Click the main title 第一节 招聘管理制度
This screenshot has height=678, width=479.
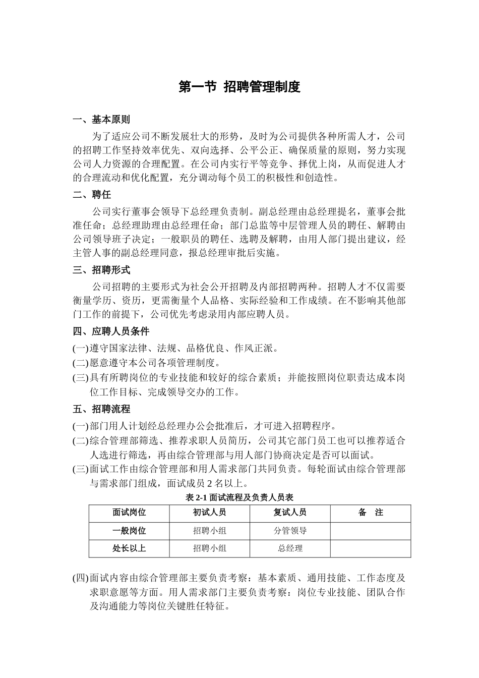(x=239, y=87)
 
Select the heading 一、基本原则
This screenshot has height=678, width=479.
(x=101, y=120)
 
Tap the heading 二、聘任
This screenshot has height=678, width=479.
(x=92, y=195)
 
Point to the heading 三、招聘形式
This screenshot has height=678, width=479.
(x=101, y=270)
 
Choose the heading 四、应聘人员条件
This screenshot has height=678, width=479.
(x=111, y=331)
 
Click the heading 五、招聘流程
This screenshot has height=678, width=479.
(x=101, y=409)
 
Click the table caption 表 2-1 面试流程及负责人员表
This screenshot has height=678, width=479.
(x=239, y=497)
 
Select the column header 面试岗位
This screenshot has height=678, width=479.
(x=129, y=513)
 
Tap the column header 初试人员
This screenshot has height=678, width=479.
(x=209, y=513)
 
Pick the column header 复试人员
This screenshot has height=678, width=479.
(x=290, y=513)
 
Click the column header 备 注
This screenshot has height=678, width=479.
(x=371, y=513)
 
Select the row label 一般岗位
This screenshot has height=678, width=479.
(x=129, y=531)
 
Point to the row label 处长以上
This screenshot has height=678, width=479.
(x=129, y=548)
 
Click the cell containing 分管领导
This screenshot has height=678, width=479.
(x=290, y=531)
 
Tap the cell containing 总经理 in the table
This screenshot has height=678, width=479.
(x=290, y=548)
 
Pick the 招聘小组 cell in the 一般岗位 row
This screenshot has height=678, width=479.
(x=209, y=531)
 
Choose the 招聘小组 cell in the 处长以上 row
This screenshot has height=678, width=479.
(x=209, y=548)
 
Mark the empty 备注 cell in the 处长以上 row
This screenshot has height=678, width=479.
(x=371, y=548)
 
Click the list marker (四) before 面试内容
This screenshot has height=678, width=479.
(x=81, y=578)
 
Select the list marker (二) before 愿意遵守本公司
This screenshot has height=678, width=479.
(x=81, y=363)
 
